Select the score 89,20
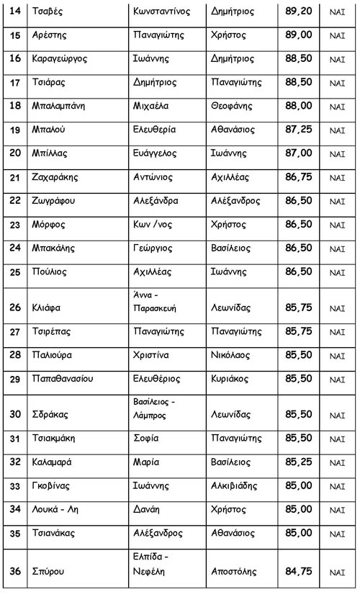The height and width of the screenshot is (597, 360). (299, 12)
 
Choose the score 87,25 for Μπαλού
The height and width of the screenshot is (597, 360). (299, 130)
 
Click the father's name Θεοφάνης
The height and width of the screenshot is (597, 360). (235, 106)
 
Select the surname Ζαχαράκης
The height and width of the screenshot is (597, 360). (58, 177)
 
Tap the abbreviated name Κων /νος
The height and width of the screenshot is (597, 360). (153, 225)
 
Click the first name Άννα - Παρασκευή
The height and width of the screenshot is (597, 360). (156, 301)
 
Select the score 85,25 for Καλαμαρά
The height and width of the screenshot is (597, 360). (299, 462)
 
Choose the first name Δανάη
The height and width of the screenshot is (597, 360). (150, 509)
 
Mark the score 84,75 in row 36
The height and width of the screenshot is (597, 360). (299, 571)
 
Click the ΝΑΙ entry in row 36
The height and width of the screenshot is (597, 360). (337, 572)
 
